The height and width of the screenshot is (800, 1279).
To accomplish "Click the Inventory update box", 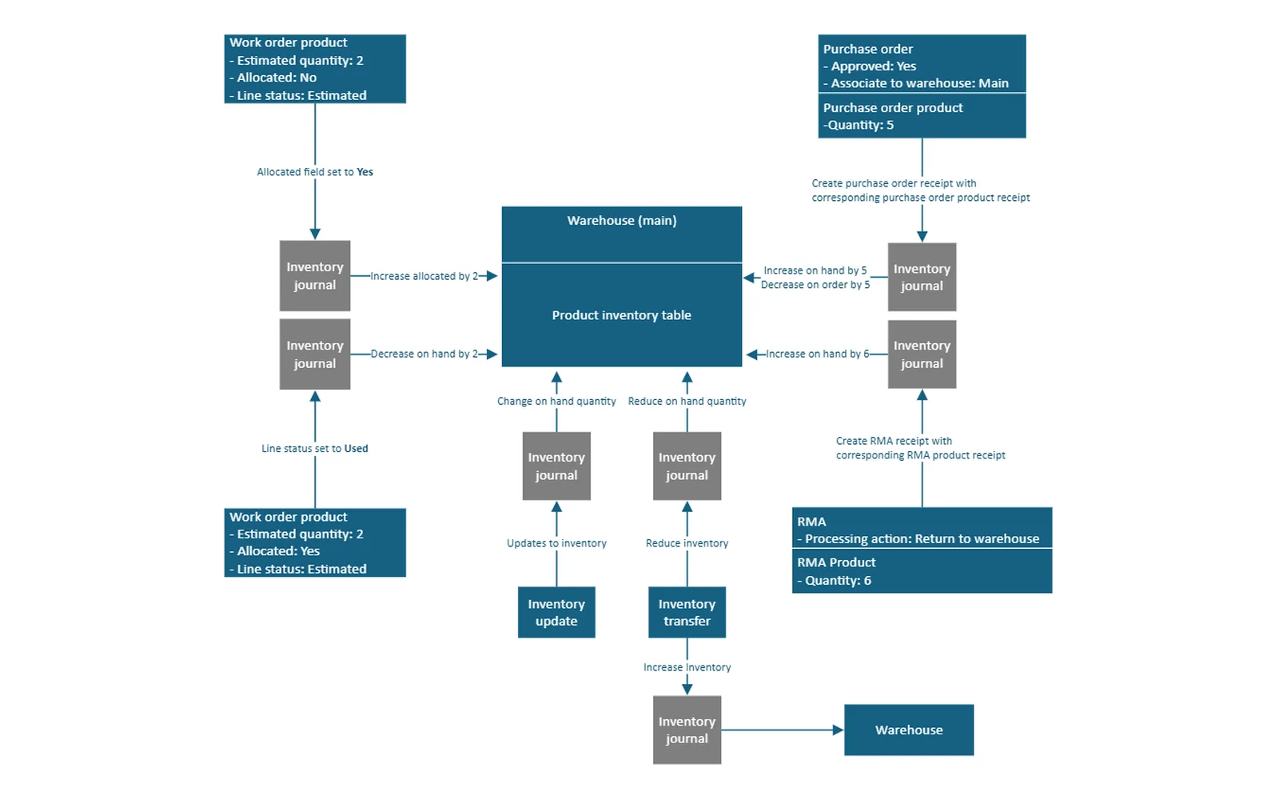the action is [556, 612].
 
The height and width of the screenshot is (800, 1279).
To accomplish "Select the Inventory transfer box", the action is [687, 612].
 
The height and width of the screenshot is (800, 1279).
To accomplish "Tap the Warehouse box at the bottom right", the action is [909, 730].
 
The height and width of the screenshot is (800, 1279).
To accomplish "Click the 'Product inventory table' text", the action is [621, 315].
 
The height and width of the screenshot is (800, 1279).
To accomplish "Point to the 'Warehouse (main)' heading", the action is [622, 221].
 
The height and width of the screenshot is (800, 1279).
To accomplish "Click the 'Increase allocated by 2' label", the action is [424, 276].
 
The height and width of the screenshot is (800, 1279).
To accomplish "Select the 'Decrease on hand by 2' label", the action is [424, 354].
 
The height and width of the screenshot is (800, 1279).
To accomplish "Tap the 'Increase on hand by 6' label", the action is [817, 354].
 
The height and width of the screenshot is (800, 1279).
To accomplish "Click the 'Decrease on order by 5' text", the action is [815, 285].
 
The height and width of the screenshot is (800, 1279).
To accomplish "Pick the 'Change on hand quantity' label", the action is [556, 401].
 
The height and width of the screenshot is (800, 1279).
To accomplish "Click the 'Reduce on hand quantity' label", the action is [687, 401].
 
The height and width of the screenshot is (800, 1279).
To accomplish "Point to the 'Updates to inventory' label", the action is [556, 543].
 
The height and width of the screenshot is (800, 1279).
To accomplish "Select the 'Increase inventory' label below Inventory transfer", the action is [687, 667].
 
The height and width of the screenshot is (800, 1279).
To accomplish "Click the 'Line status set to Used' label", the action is [315, 449].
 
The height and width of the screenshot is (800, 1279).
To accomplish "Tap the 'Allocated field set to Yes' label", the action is [315, 172].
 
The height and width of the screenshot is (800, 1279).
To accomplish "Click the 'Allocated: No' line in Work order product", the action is [273, 78].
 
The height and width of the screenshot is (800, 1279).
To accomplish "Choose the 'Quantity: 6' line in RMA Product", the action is [835, 581].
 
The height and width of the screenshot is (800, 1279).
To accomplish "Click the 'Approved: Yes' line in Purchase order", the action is [870, 66].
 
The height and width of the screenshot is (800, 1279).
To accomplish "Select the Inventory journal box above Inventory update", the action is [556, 466].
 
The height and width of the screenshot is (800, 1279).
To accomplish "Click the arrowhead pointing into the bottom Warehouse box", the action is [839, 730].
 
